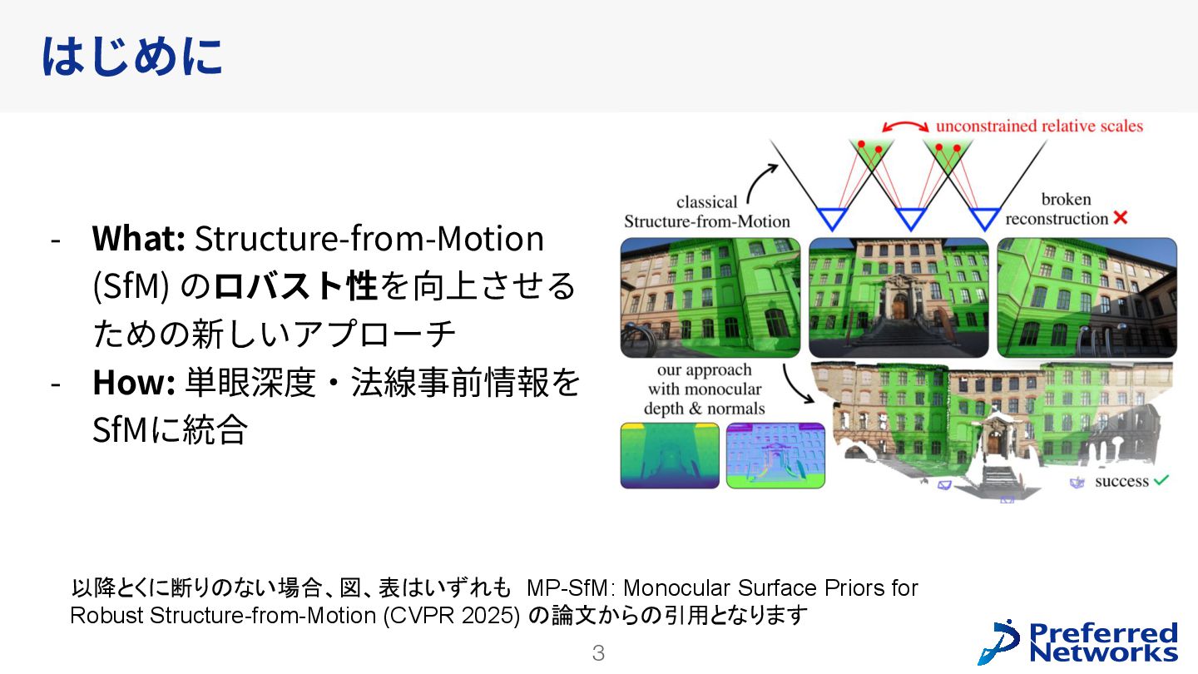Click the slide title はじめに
pos(131,57)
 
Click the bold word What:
pos(138,240)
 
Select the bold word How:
pos(133,383)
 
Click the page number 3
pos(598,653)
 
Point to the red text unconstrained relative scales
pos(1039,126)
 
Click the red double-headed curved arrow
pos(906,126)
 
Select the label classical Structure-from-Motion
pos(707,211)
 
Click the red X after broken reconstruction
pos(1120,218)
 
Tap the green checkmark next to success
pos(1162,480)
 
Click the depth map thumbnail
pos(669,454)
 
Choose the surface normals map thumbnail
pos(775,454)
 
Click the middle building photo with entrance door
pos(898,297)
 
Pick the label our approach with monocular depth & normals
pos(704,389)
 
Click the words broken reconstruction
pos(1057,210)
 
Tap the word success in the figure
pos(1121,482)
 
